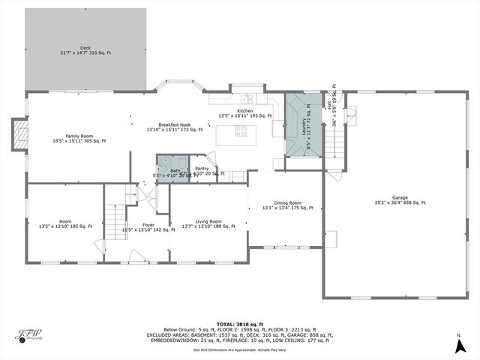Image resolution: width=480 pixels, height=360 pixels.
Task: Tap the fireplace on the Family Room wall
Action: [22, 136]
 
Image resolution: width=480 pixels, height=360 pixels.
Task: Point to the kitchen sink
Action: [246, 98]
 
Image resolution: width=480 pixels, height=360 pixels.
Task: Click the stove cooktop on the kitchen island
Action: [241, 131]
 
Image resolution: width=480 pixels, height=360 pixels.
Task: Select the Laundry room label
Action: [304, 125]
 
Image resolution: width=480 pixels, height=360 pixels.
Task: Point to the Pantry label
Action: [202, 169]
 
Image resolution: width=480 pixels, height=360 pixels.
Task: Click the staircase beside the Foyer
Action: [114, 218]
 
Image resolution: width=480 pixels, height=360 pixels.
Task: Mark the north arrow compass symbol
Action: [458, 346]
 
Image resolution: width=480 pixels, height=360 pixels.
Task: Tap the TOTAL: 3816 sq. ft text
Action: [239, 323]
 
